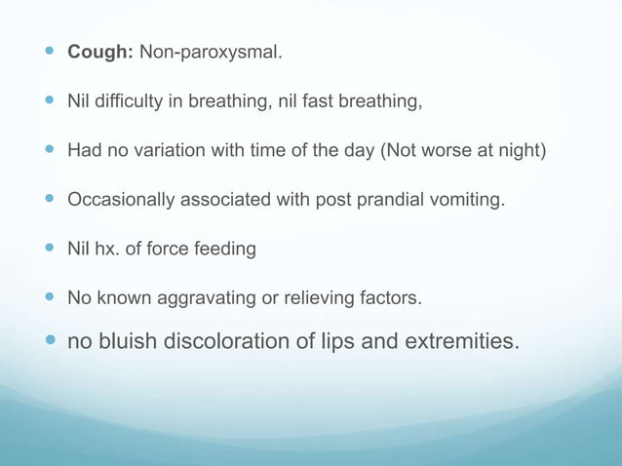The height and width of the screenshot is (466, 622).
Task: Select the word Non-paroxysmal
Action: click(x=212, y=52)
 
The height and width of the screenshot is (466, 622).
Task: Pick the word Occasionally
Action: click(x=122, y=200)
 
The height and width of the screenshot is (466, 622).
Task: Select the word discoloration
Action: click(x=224, y=342)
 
